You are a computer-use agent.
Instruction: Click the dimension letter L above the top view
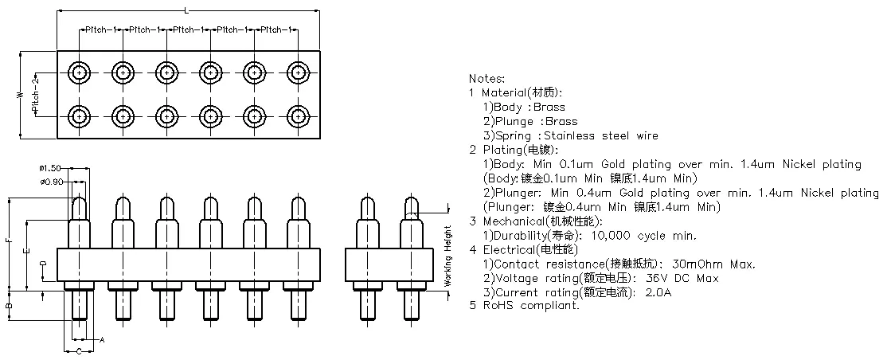[x=186, y=10]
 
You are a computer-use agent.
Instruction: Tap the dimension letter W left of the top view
[x=19, y=94]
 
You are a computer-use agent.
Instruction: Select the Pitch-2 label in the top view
[x=35, y=94]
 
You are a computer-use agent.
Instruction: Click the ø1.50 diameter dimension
[x=51, y=168]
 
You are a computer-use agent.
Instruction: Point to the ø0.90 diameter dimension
[x=51, y=182]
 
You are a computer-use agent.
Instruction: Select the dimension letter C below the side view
[x=78, y=350]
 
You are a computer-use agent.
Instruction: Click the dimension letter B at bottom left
[x=7, y=305]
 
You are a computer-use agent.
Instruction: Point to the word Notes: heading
[x=486, y=79]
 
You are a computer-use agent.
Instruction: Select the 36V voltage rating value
[x=652, y=279]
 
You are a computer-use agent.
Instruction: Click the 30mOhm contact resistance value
[x=700, y=264]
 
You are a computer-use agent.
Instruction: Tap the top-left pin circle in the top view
[x=80, y=72]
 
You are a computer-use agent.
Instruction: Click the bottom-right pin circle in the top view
[x=298, y=116]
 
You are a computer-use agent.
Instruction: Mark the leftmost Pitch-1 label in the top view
[x=100, y=29]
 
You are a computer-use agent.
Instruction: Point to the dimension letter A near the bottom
[x=102, y=340]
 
